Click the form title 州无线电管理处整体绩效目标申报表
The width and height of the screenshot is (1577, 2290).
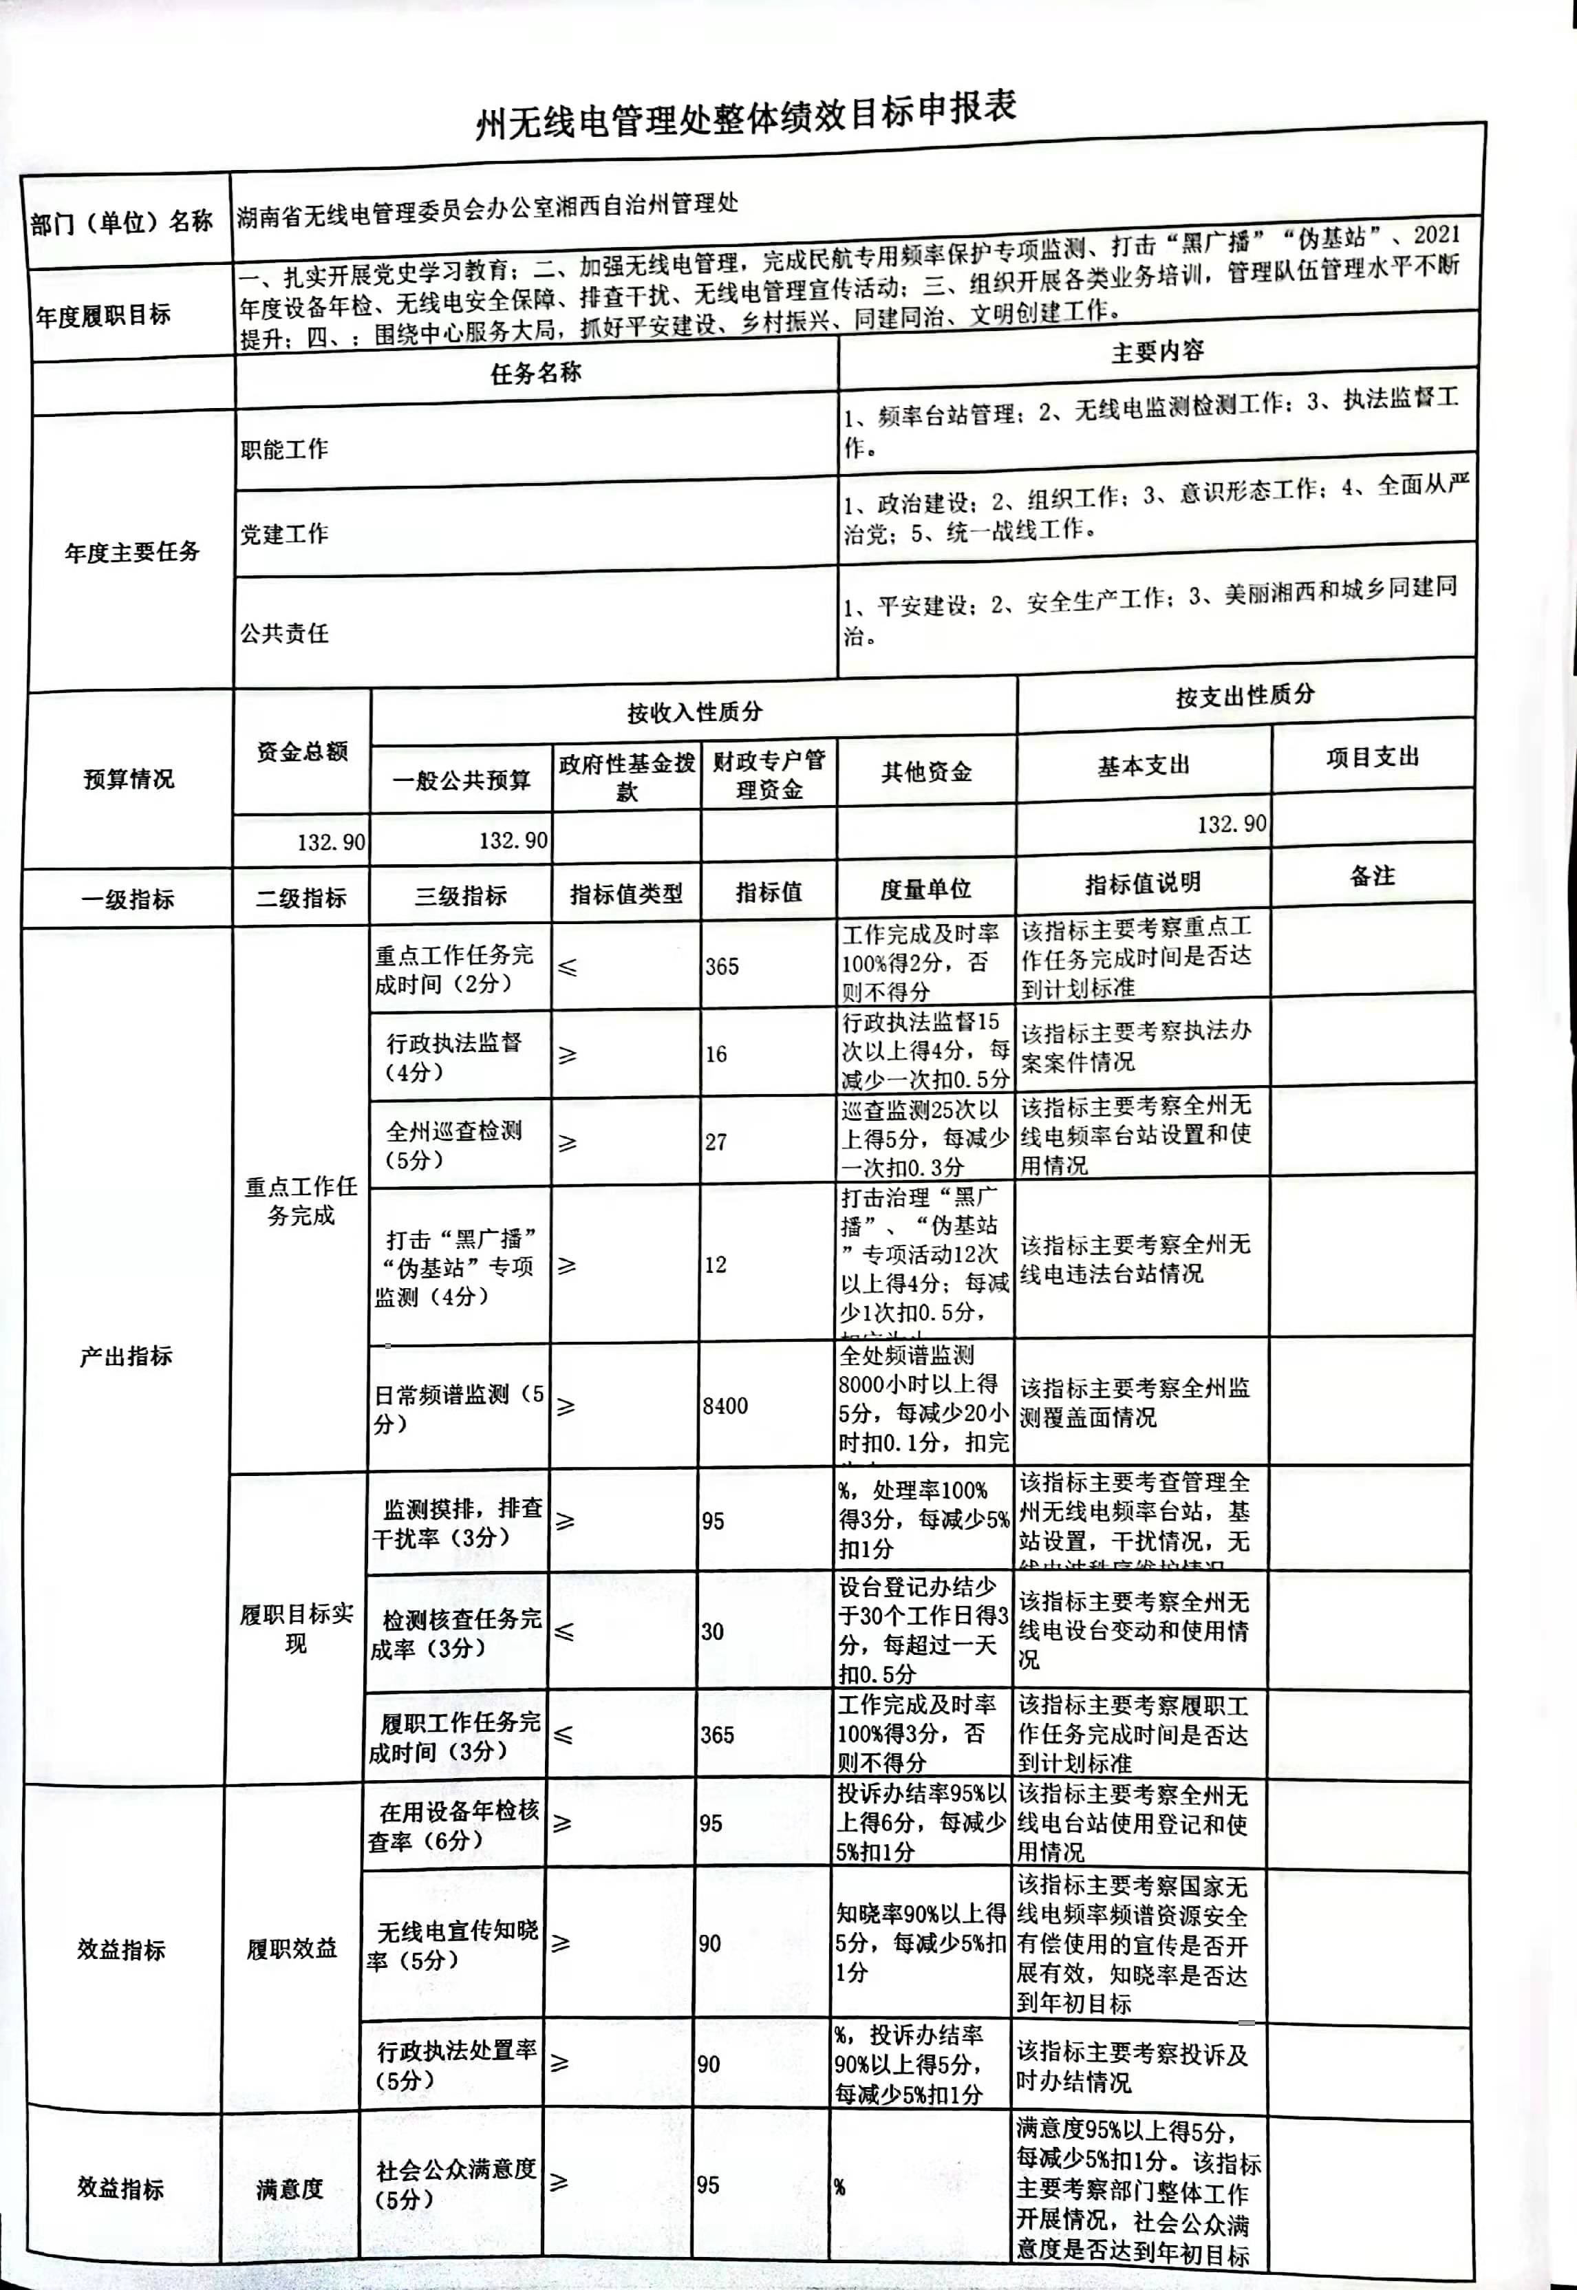(746, 116)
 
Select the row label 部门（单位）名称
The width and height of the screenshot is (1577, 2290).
(122, 222)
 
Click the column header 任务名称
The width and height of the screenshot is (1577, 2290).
(535, 372)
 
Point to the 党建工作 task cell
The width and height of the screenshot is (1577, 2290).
(285, 533)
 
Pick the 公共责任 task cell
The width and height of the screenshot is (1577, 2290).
(285, 632)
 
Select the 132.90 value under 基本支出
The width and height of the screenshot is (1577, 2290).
(1230, 823)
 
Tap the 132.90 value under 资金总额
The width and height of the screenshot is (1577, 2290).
(331, 842)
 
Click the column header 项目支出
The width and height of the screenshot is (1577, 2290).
(1371, 757)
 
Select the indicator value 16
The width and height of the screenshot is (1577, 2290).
(716, 1054)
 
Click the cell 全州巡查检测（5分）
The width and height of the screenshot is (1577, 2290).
(453, 1144)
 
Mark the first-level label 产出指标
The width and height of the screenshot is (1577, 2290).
(125, 1356)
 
